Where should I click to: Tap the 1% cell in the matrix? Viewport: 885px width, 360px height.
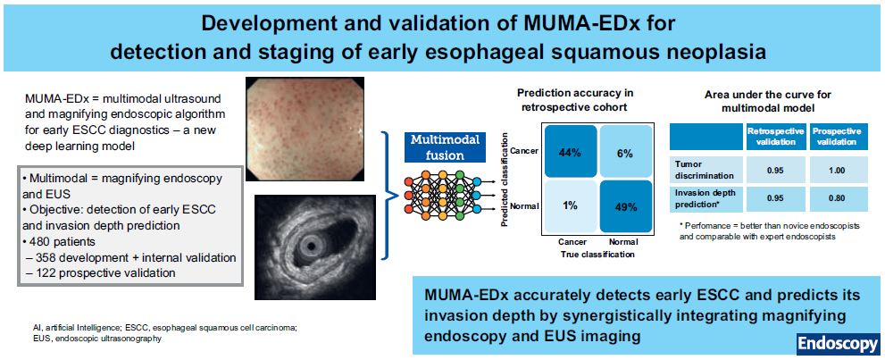coord(570,206)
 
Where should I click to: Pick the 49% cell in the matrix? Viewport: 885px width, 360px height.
coord(625,206)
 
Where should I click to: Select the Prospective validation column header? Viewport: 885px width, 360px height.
coord(837,137)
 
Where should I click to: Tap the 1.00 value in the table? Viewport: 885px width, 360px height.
coord(837,170)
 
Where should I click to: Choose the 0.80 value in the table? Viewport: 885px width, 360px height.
coord(837,198)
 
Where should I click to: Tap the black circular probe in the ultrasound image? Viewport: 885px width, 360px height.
coord(309,245)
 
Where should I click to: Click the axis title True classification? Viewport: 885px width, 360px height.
coord(597,254)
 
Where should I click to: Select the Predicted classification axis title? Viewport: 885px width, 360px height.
coord(505,180)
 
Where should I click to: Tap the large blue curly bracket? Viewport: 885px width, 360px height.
coord(388,194)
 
